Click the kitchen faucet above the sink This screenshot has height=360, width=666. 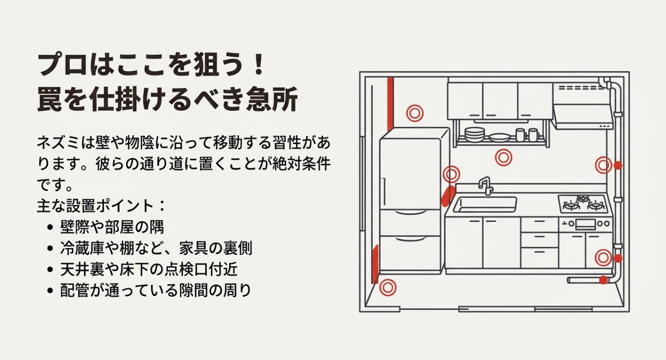(x=486, y=185)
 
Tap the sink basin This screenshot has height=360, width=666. (x=485, y=205)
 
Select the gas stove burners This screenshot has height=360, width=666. (x=584, y=203)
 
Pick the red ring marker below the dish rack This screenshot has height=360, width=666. (x=503, y=157)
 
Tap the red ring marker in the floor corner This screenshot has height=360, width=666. (x=387, y=287)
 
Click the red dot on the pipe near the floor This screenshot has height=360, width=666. (x=603, y=280)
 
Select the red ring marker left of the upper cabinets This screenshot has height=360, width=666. (x=414, y=112)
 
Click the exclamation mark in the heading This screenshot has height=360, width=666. (x=259, y=66)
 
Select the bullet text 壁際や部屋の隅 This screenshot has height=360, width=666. (x=112, y=226)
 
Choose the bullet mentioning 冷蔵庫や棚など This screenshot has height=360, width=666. (x=156, y=248)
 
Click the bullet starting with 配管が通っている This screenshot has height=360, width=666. (x=155, y=291)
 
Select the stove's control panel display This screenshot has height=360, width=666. (x=585, y=224)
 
